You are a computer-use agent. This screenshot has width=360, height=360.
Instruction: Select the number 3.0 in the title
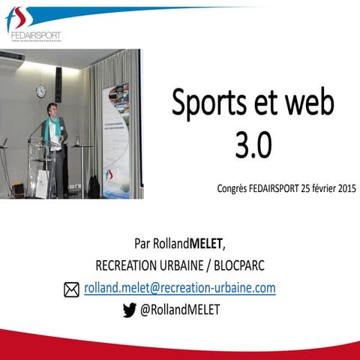(253, 145)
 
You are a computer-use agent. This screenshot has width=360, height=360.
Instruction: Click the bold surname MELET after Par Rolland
(203, 244)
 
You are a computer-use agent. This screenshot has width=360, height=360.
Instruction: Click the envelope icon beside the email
(72, 289)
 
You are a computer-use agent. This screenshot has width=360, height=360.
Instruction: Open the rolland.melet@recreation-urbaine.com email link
(179, 288)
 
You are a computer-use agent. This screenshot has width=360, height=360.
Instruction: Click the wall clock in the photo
(40, 91)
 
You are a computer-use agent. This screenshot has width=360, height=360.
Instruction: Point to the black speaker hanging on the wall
(58, 83)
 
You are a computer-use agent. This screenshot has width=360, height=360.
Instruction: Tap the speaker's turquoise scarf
(52, 130)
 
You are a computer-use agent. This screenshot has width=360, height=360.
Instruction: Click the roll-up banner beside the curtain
(115, 139)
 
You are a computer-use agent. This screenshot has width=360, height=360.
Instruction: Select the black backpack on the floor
(94, 187)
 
